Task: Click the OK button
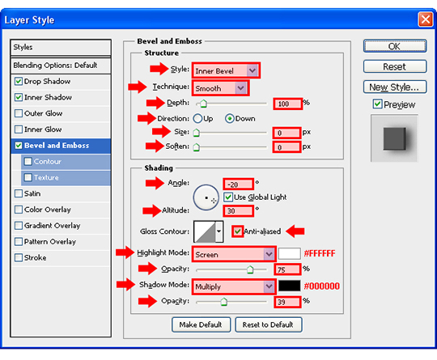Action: [x=395, y=46]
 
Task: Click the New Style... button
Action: [x=395, y=87]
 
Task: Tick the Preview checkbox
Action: [x=377, y=104]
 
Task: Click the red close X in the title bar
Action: [x=426, y=19]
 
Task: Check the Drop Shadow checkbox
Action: [x=19, y=82]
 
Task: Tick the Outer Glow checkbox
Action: [x=19, y=113]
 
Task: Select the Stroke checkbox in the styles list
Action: [x=19, y=257]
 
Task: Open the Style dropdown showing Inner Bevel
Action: [x=226, y=70]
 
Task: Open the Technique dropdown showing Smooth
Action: [x=220, y=88]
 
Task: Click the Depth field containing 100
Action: [x=287, y=104]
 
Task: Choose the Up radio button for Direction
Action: [x=197, y=118]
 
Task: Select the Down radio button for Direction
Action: [x=229, y=119]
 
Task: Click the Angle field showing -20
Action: [x=238, y=184]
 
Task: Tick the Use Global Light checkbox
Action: [x=228, y=197]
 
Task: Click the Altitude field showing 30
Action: [x=238, y=210]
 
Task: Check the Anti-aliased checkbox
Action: [x=237, y=231]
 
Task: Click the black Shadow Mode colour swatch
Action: [x=289, y=286]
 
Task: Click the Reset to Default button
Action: [x=268, y=324]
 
